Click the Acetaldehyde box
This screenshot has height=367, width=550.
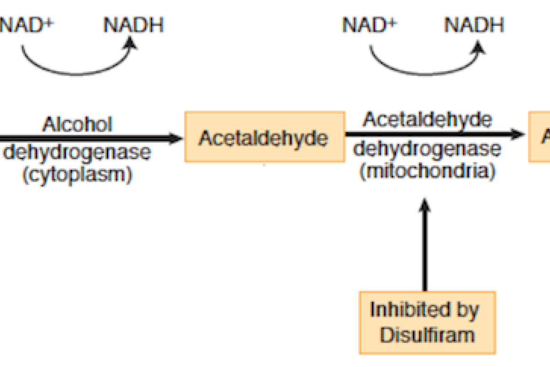(x=264, y=137)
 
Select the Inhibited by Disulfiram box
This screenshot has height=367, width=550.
(x=427, y=322)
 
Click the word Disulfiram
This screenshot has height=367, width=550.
(x=427, y=335)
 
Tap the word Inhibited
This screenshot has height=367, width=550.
(x=424, y=310)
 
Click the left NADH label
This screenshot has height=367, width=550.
(x=133, y=25)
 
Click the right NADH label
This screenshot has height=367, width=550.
(x=474, y=25)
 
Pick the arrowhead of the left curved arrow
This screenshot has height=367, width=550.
(x=132, y=43)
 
